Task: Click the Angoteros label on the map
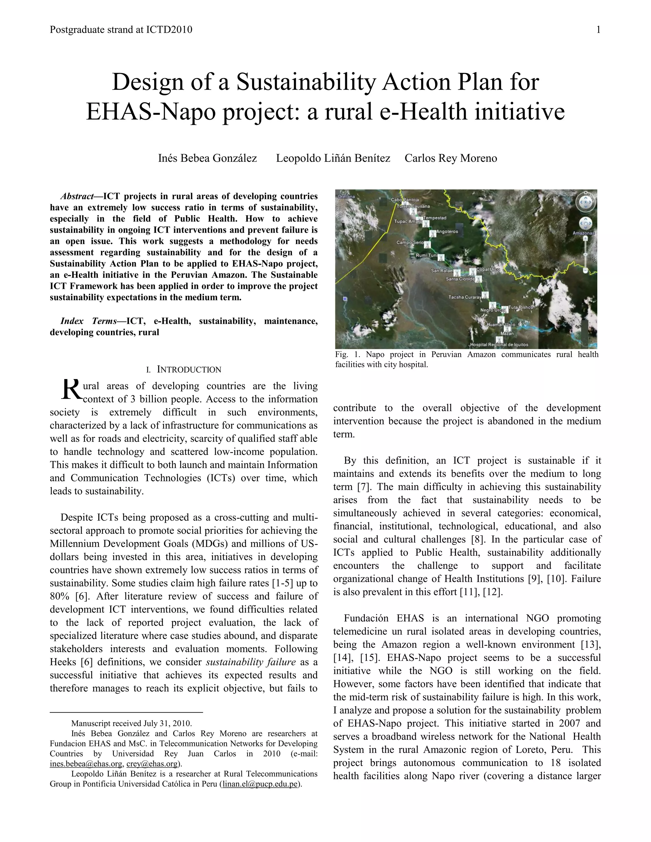point(447,232)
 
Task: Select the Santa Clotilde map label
point(460,279)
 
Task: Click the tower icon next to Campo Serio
point(427,244)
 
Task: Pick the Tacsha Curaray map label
point(465,297)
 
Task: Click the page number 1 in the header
point(598,30)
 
